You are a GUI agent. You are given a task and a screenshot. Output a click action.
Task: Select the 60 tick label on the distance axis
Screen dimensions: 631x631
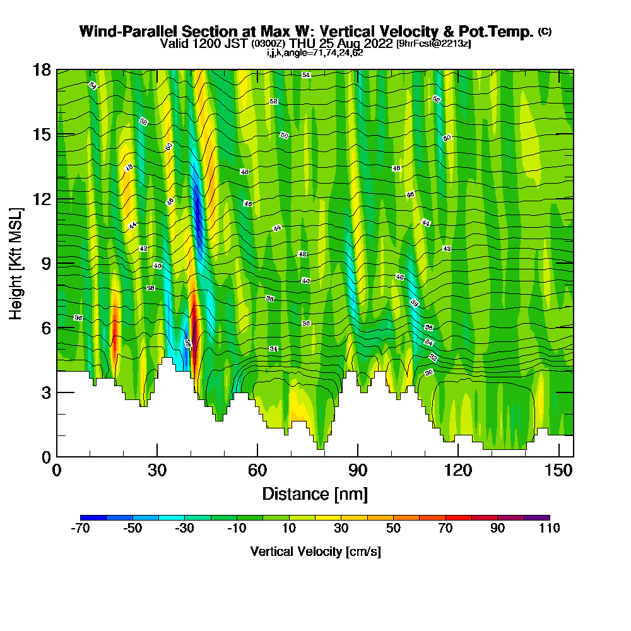[257, 470]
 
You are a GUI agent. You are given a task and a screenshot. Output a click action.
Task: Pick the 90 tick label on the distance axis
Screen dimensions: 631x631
[358, 470]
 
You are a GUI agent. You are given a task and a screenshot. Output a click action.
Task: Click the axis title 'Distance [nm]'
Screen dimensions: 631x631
[315, 493]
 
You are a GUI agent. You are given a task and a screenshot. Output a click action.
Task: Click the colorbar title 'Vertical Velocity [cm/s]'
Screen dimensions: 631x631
[315, 551]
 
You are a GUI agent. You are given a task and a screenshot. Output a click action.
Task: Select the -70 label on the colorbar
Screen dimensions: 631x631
[80, 529]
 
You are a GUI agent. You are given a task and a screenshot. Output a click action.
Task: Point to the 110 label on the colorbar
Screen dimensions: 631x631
[550, 529]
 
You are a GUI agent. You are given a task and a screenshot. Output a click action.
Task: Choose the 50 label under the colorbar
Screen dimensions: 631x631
[393, 529]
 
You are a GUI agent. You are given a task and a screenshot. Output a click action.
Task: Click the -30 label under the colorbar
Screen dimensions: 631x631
[184, 529]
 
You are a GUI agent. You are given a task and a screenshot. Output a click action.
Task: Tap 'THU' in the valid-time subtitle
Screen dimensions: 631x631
[305, 44]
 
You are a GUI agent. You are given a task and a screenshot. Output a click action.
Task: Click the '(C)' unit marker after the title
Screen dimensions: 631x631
[545, 31]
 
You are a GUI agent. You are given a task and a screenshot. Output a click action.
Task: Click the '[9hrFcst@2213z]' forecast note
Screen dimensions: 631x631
[433, 44]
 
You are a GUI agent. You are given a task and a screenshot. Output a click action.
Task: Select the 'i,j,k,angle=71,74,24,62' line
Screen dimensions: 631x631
[315, 53]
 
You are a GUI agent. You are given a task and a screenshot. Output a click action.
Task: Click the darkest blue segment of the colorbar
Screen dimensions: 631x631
[93, 517]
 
